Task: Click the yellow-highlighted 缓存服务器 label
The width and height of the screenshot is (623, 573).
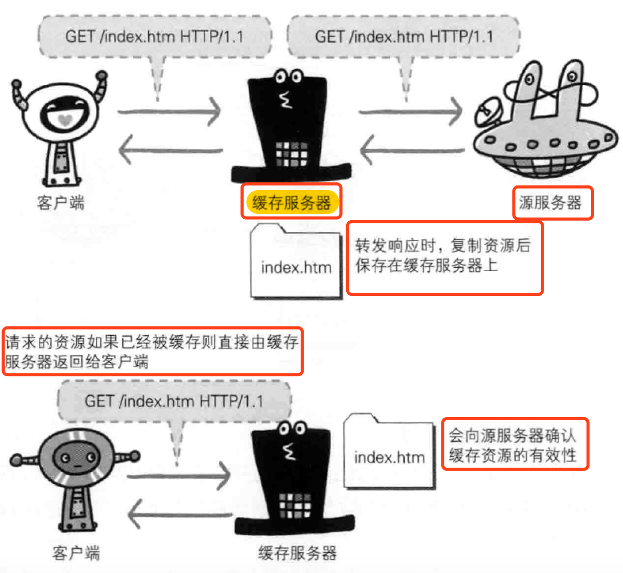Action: [x=292, y=202]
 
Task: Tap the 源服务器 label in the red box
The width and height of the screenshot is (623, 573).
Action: [x=550, y=203]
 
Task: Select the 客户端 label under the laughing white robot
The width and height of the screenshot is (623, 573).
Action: [x=61, y=203]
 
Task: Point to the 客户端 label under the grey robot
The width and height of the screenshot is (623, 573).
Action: [x=76, y=553]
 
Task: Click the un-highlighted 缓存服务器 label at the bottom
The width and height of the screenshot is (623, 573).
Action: [x=297, y=553]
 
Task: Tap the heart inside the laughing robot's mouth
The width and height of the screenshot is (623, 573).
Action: [x=64, y=120]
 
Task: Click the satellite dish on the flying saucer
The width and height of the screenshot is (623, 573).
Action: [x=488, y=114]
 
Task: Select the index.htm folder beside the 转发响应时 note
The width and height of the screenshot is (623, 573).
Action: [x=295, y=262]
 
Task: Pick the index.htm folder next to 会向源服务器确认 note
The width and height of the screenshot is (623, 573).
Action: [x=389, y=452]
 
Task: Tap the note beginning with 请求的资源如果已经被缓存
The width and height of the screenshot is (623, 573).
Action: [x=152, y=351]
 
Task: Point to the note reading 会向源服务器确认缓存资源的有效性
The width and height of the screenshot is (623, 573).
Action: [x=514, y=445]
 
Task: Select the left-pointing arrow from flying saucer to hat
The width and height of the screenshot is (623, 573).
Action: [x=412, y=151]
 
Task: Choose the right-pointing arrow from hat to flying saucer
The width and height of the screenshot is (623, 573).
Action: [x=410, y=111]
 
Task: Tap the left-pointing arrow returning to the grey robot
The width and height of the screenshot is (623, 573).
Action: [x=179, y=515]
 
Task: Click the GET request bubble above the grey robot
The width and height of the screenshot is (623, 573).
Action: [x=174, y=401]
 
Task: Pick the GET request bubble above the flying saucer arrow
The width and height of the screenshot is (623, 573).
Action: [x=404, y=36]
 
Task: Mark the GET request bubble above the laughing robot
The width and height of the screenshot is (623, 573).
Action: [x=154, y=36]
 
